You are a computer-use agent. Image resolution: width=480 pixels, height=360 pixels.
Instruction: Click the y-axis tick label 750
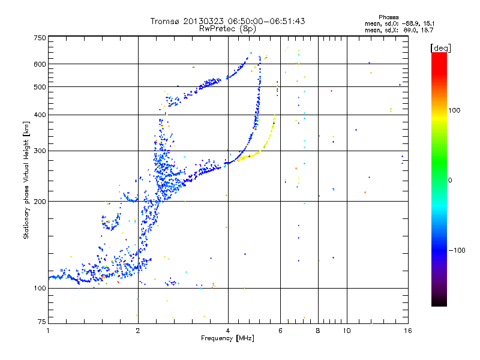[40, 37]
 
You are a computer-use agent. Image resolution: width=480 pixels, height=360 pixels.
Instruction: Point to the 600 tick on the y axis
[40, 64]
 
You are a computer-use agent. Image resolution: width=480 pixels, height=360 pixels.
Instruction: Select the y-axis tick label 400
[40, 115]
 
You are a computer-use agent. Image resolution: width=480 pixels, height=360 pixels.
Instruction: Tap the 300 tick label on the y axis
[40, 151]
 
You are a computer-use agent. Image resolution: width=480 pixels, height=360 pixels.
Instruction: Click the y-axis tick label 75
[41, 322]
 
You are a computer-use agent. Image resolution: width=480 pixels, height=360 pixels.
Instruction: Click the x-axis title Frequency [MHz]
[228, 339]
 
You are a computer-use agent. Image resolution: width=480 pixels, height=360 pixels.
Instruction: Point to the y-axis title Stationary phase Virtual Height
[26, 180]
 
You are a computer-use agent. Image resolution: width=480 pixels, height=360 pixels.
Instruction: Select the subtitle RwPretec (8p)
[227, 28]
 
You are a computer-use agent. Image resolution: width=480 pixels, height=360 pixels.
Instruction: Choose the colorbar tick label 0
[451, 180]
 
